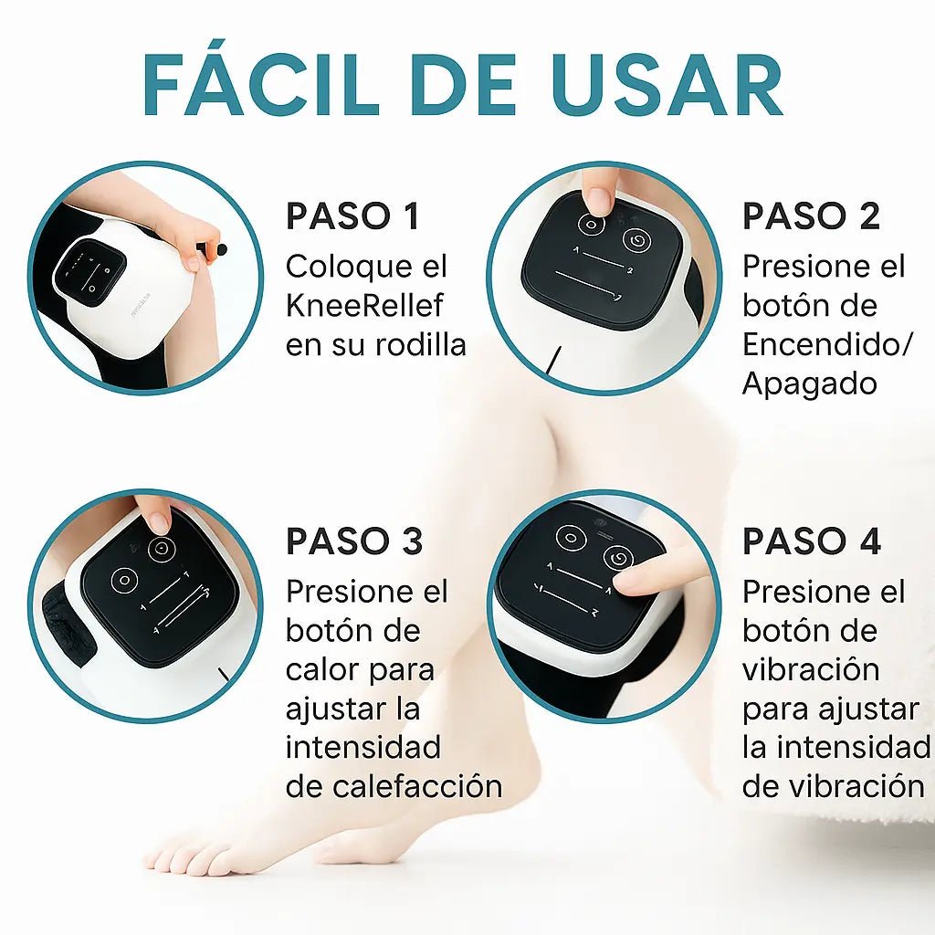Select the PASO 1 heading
(x=352, y=216)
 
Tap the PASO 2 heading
(x=811, y=216)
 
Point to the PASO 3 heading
(x=354, y=541)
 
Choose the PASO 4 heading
(x=811, y=541)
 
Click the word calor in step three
(x=326, y=669)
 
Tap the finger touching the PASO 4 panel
(x=639, y=577)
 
